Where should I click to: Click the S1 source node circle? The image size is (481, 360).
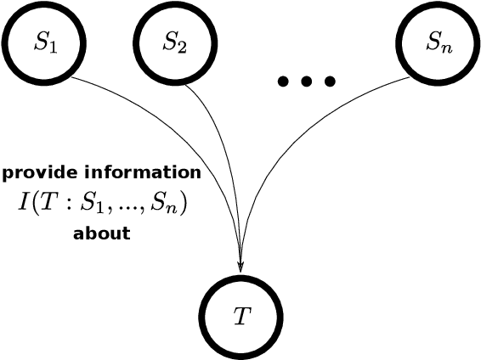click(x=40, y=42)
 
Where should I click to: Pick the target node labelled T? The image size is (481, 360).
click(x=240, y=314)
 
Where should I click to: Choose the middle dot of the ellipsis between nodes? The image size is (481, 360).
click(x=307, y=82)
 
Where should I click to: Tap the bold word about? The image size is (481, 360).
click(x=102, y=233)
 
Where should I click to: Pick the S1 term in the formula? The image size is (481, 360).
click(x=86, y=205)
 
